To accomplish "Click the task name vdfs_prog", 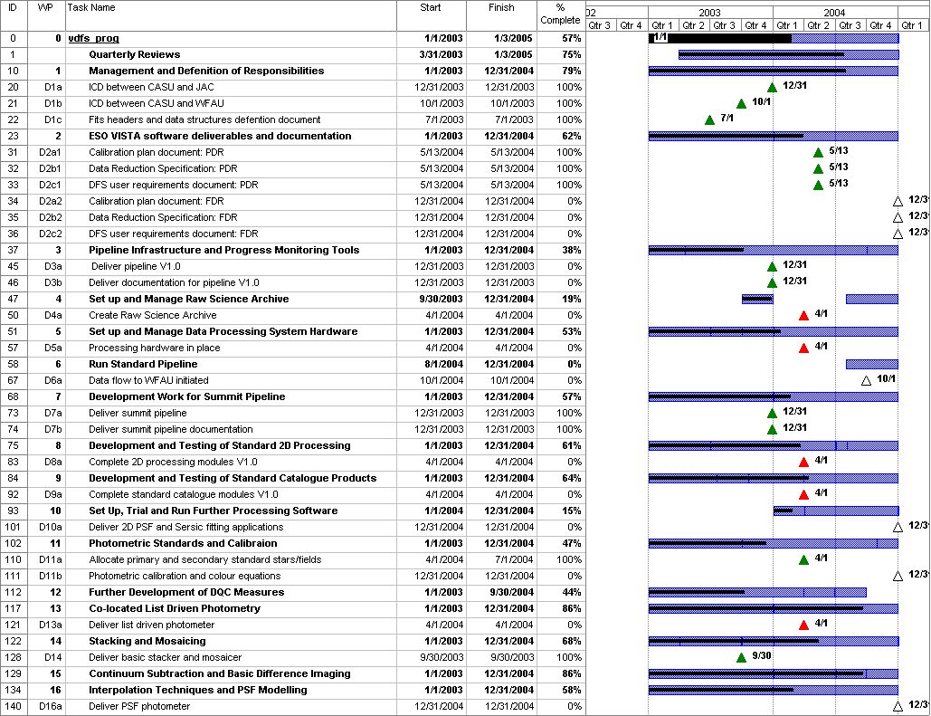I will [x=93, y=39].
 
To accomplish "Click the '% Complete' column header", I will [x=560, y=14].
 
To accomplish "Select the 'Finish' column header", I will [x=501, y=8].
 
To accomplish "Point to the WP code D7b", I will [x=52, y=430].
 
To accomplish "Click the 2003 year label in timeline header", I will [x=710, y=14].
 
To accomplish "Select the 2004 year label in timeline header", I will [x=834, y=14].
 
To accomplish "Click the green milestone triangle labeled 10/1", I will [x=741, y=104].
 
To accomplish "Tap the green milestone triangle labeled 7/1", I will [x=709, y=120].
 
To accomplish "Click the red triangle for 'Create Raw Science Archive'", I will [x=803, y=316].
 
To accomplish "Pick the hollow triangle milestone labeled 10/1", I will [x=866, y=381].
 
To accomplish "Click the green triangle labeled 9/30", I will [x=741, y=658].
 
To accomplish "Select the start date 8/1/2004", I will [x=443, y=365].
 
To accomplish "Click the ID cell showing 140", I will [x=13, y=707].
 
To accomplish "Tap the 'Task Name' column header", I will [x=91, y=8].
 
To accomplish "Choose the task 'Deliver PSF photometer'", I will [x=139, y=707].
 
